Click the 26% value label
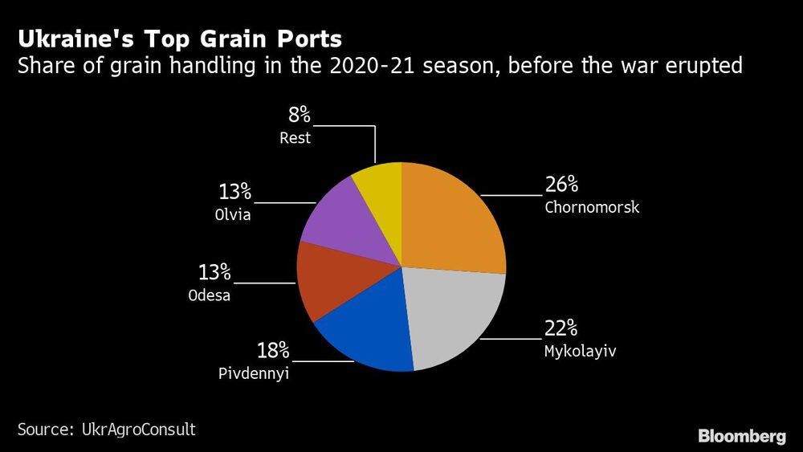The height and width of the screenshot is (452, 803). coord(561,185)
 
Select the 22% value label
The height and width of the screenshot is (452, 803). coord(561,328)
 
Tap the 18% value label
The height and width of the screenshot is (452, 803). coord(272,351)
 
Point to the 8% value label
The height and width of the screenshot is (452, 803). coord(299,115)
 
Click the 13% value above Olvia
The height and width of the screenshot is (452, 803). coord(234,193)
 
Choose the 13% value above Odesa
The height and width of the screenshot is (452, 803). coord(214,272)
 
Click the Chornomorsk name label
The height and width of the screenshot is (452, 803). coord(592,208)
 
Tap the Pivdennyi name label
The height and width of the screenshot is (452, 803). coord(254,374)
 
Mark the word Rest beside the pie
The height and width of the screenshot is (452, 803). coord(295,138)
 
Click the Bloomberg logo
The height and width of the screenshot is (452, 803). coord(741,437)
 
